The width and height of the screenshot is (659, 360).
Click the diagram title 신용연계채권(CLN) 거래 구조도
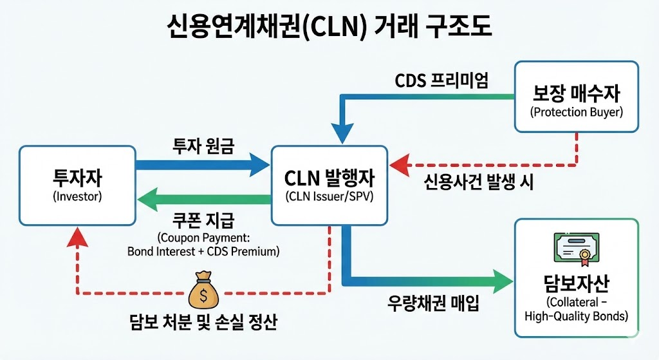tap(328, 28)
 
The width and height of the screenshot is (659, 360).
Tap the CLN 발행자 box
tap(329, 185)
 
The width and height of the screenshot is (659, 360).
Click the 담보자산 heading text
tap(576, 283)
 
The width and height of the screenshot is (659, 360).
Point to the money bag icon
tap(203, 290)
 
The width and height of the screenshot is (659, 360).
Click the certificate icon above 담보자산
tap(576, 249)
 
